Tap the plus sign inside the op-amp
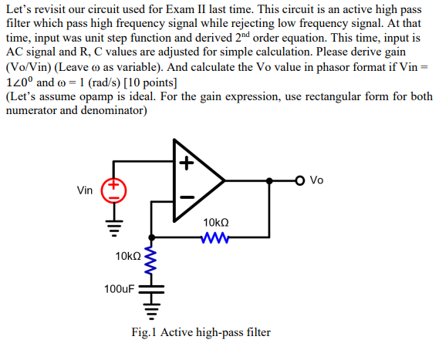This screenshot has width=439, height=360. [186, 163]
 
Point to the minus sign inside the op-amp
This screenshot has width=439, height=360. [186, 197]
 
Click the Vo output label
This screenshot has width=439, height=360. [316, 180]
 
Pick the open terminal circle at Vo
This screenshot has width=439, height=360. [300, 180]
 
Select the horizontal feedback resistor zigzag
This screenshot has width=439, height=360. [213, 237]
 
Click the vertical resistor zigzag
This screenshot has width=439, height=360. [151, 261]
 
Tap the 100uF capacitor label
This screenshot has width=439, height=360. [120, 290]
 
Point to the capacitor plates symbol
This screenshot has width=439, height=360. [151, 291]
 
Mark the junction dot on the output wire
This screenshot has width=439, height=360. [270, 180]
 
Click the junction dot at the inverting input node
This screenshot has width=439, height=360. [151, 237]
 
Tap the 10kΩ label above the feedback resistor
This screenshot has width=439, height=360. [215, 222]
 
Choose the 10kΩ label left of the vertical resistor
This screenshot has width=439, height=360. [127, 255]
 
